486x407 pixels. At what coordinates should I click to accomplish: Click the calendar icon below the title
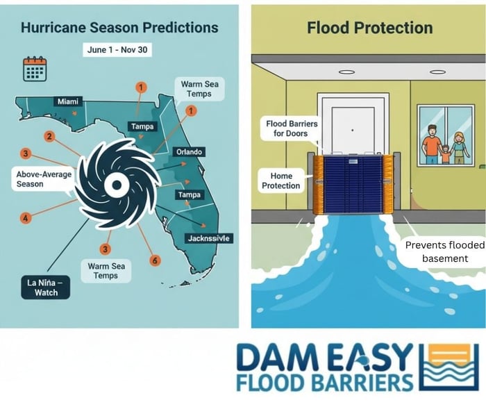click(x=35, y=69)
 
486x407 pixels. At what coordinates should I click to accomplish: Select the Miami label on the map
click(x=69, y=102)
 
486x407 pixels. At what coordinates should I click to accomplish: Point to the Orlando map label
click(x=190, y=153)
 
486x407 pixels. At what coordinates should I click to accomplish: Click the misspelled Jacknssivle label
click(x=210, y=238)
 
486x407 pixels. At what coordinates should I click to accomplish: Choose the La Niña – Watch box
click(x=48, y=285)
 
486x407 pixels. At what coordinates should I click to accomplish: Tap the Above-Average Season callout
click(x=44, y=179)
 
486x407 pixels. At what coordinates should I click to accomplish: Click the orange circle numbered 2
click(x=49, y=136)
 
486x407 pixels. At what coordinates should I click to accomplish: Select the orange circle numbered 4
click(x=26, y=218)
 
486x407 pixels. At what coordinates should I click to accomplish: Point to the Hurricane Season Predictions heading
click(x=119, y=28)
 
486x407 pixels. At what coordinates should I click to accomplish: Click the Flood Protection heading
click(x=370, y=28)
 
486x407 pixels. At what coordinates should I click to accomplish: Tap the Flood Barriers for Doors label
click(x=292, y=128)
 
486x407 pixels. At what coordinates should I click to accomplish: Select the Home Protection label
click(x=281, y=181)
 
